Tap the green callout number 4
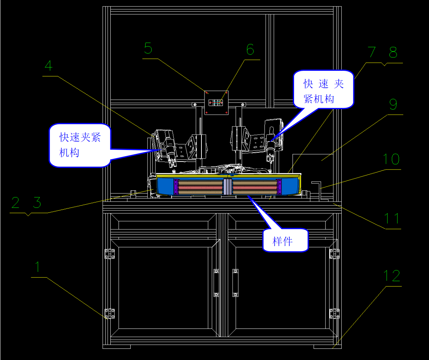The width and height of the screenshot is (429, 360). click(48, 66)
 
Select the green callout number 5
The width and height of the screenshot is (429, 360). click(148, 48)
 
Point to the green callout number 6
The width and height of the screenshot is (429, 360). click(250, 49)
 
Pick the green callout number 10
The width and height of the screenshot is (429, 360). click(391, 159)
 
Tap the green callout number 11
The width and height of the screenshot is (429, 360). click(392, 219)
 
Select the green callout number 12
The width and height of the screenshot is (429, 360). click(392, 276)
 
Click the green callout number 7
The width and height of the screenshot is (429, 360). click(372, 53)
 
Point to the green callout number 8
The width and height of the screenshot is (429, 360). click(392, 53)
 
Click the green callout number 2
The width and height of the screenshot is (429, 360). click(15, 203)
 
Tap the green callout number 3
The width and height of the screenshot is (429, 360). click(37, 203)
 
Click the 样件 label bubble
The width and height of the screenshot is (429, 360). click(285, 240)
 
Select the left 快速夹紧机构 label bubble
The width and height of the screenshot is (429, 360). click(80, 145)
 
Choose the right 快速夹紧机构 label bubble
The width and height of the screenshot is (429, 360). click(323, 89)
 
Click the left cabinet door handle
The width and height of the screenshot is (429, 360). click(216, 283)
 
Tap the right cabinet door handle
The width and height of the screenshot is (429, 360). click(235, 283)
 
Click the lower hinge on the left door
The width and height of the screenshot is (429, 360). click(110, 313)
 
